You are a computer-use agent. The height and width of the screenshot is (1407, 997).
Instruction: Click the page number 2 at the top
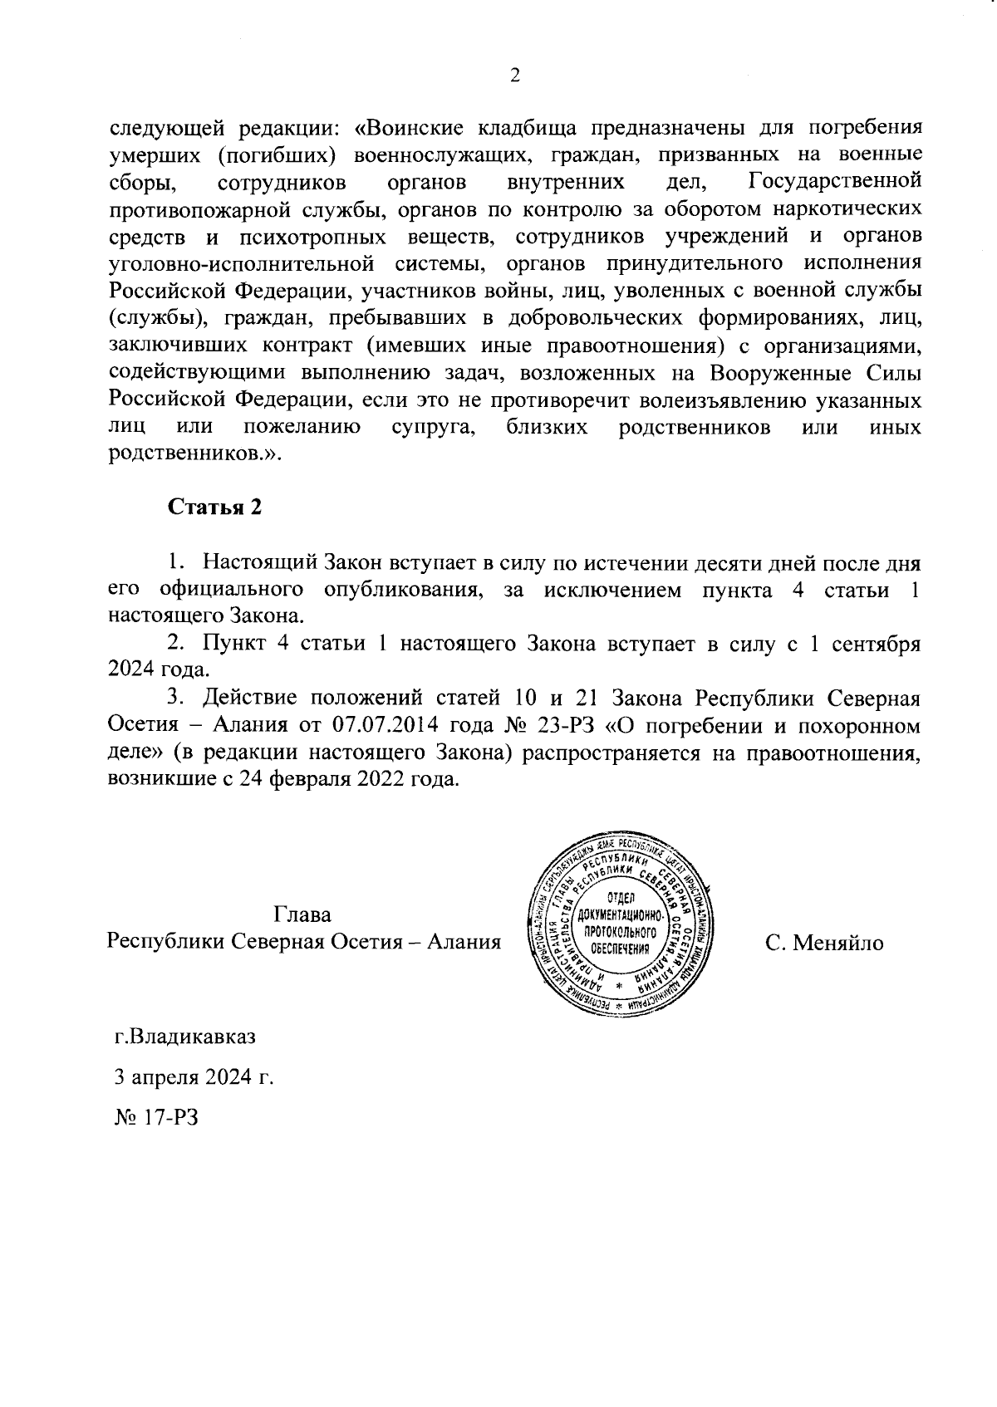[514, 76]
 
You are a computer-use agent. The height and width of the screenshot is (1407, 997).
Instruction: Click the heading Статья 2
[215, 507]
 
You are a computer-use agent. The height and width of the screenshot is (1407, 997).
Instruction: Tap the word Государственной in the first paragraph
[834, 181]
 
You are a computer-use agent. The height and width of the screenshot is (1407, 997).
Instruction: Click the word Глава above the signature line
[302, 915]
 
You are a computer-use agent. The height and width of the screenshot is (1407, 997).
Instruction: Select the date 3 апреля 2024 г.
[194, 1077]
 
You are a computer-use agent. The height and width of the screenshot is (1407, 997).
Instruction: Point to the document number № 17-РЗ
[157, 1117]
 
